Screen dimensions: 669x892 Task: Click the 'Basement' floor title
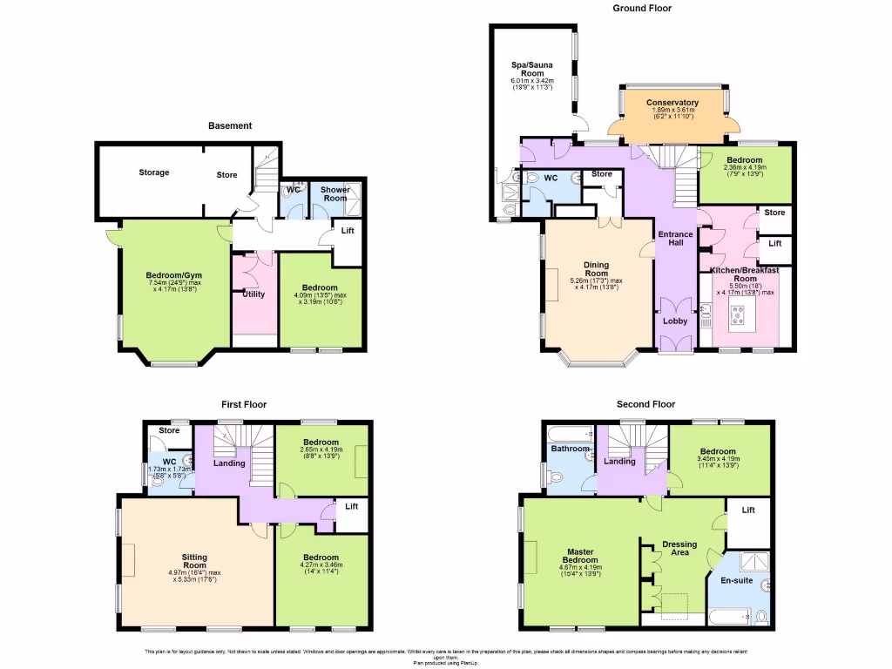point(230,125)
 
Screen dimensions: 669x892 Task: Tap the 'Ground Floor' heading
point(643,8)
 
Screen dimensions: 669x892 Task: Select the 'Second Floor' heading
point(645,404)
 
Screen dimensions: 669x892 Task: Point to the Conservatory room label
point(672,103)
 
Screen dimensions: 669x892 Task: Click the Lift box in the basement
point(348,231)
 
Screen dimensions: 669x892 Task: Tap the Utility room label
point(253,294)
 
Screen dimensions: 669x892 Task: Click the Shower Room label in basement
point(335,193)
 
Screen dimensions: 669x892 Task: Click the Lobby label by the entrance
point(675,321)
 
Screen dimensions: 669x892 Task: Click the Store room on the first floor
point(169,430)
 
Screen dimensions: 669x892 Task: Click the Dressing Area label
point(679,548)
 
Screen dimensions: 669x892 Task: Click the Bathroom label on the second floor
point(569,449)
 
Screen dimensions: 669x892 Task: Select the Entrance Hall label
point(675,238)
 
